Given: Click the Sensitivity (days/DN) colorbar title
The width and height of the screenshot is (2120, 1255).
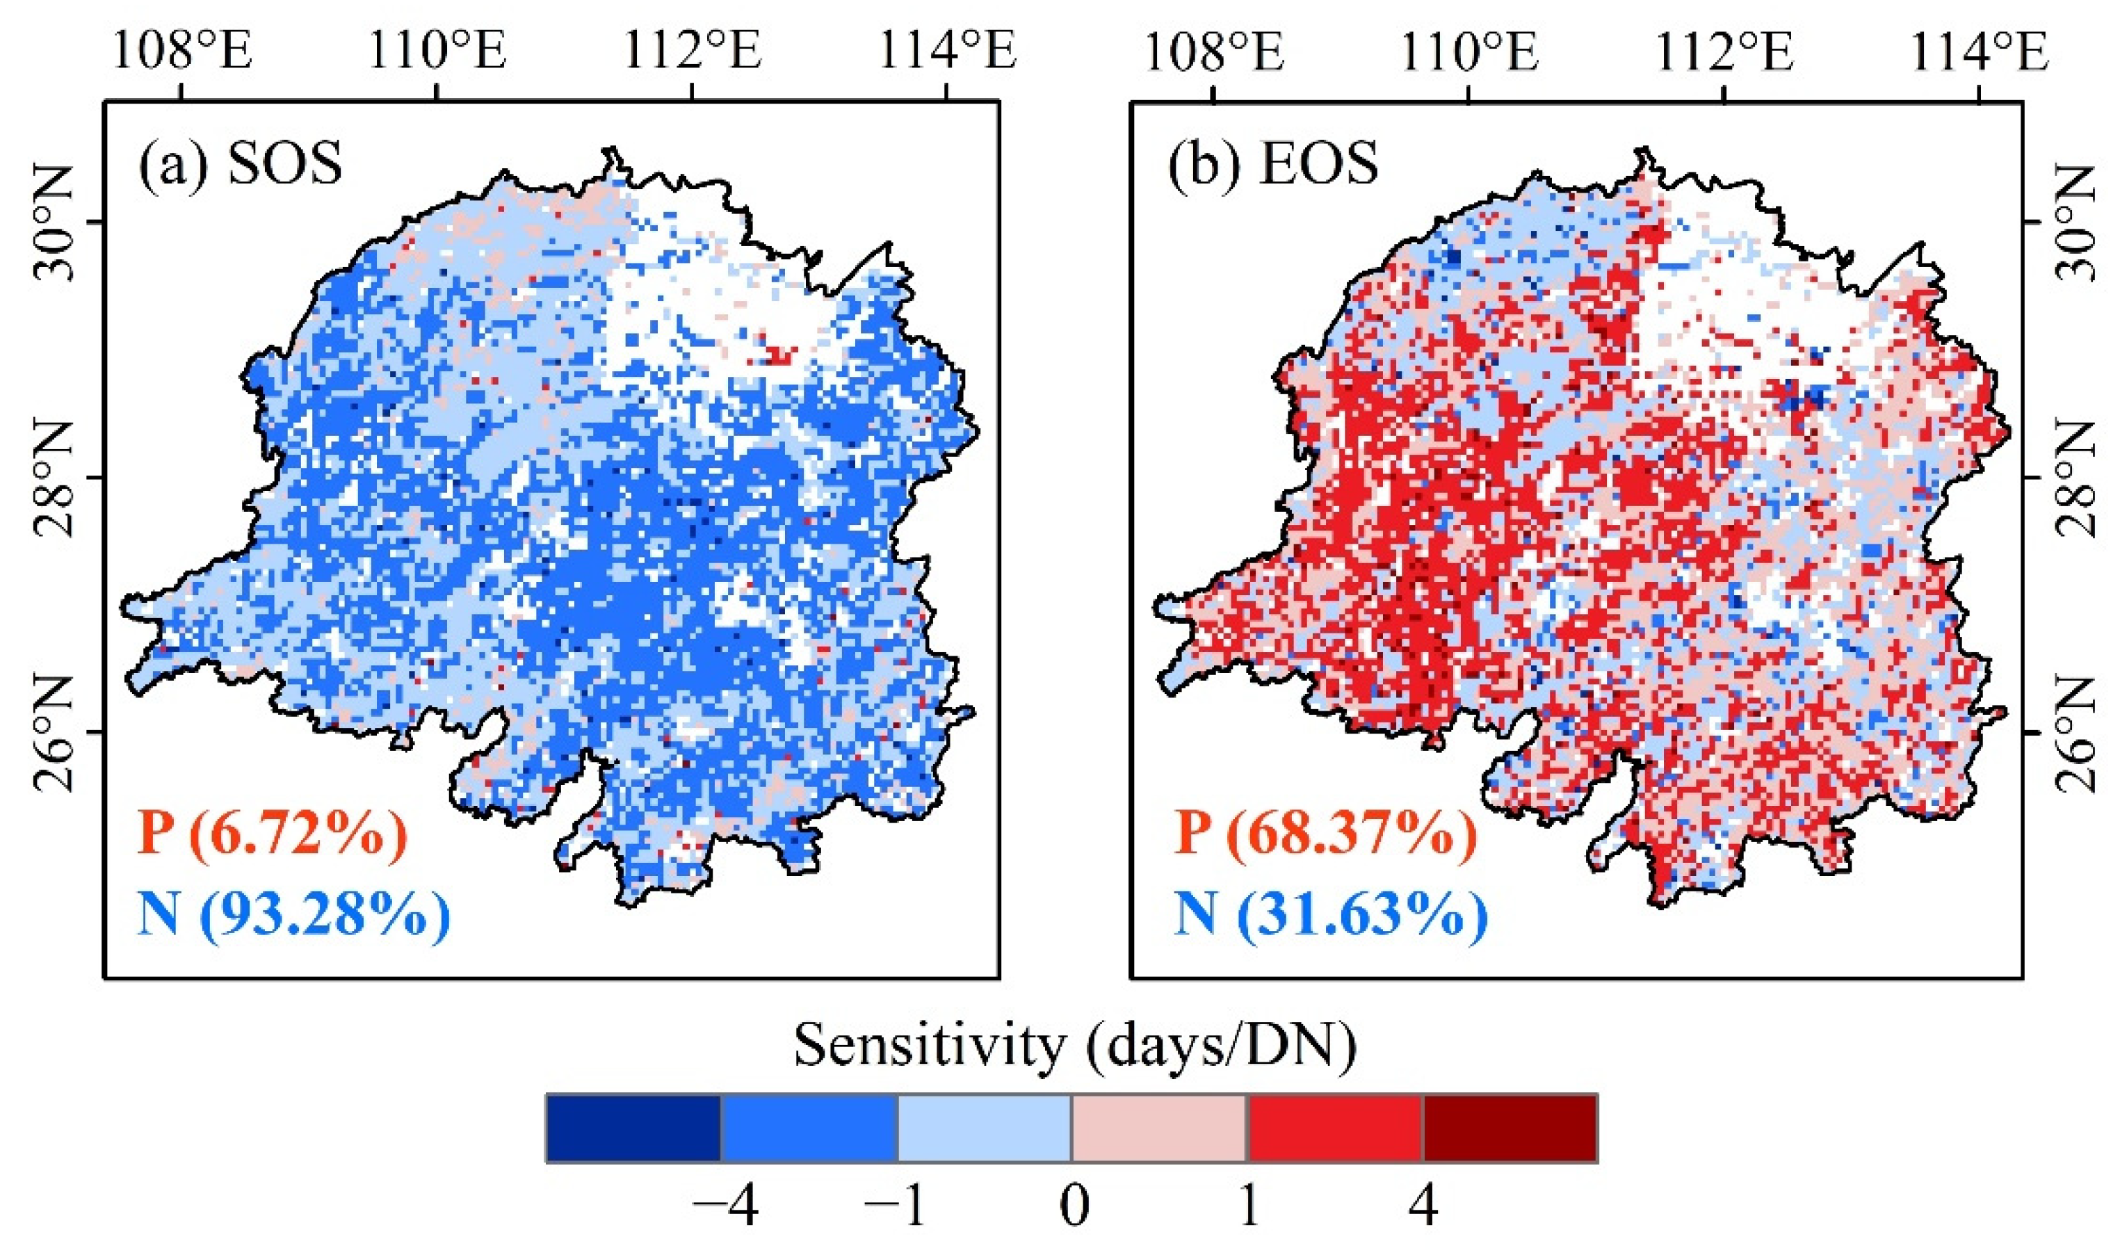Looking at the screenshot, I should point(1075,1045).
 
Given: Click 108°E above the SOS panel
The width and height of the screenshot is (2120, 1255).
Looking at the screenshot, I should point(181,51).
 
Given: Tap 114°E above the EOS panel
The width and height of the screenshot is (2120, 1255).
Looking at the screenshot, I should point(1979,51).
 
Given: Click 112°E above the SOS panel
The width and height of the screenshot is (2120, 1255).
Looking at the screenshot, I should point(693,51).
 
